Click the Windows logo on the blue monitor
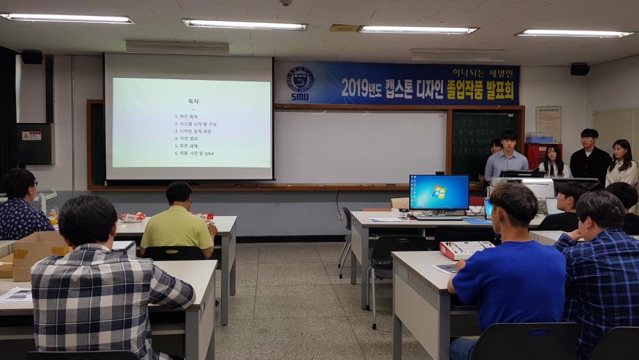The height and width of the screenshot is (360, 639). coord(438,192)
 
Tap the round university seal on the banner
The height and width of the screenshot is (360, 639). coord(300,79)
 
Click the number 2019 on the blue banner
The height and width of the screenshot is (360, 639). coord(359,88)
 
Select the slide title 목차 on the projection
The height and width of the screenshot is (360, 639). coord(192,101)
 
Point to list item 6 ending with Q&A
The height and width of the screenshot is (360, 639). coord(194,153)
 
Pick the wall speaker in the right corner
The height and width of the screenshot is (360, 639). coord(579,69)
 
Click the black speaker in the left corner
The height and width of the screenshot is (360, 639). coord(31,57)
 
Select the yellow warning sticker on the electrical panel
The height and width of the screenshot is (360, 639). coord(31,136)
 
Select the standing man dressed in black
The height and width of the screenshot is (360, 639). coord(590,157)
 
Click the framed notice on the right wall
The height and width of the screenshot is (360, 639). coord(548,124)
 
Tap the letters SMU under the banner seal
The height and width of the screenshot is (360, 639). coord(300,97)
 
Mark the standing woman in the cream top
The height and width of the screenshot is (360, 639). coord(622,165)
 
